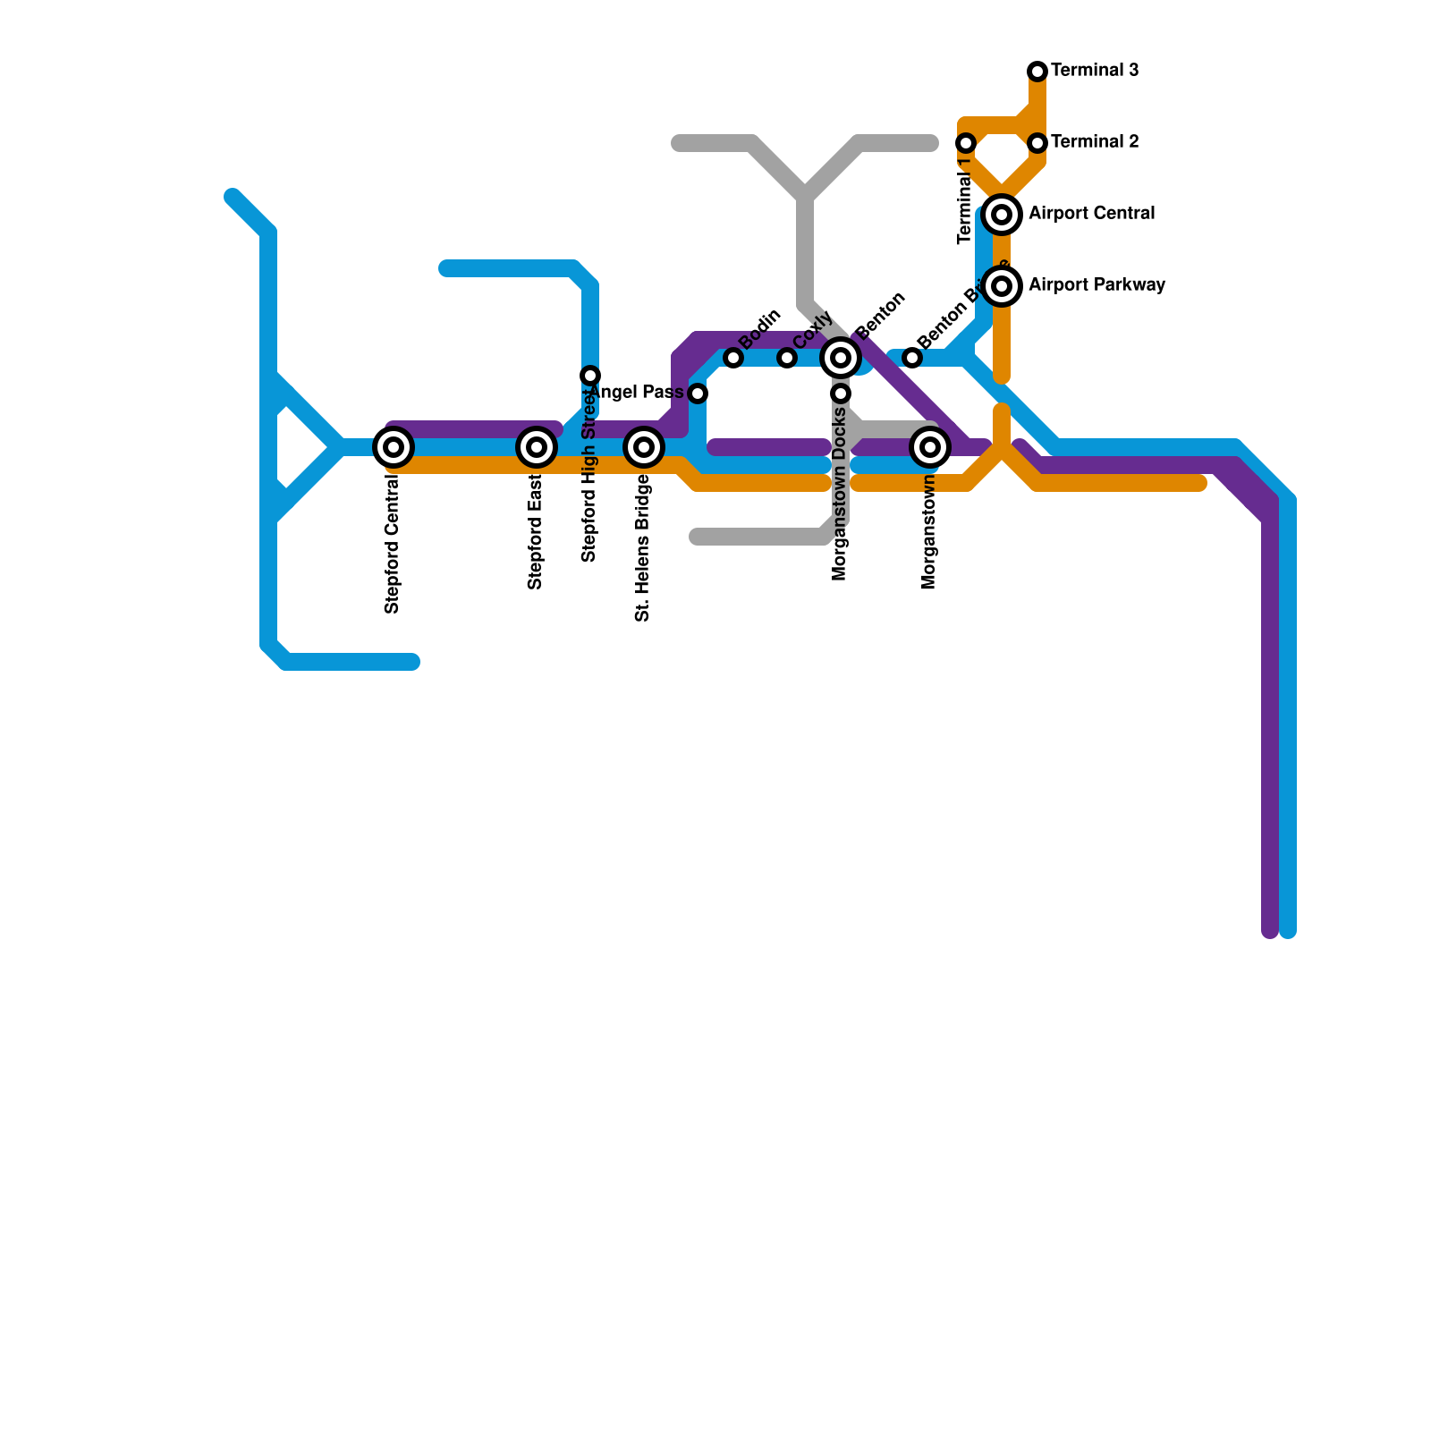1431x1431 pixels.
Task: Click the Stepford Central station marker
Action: (x=394, y=447)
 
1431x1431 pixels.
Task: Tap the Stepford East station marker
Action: (x=537, y=447)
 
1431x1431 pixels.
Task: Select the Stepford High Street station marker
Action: (x=590, y=376)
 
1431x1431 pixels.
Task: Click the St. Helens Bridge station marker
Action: (x=644, y=447)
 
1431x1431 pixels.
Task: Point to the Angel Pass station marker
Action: (x=698, y=394)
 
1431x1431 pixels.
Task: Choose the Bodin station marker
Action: (x=733, y=358)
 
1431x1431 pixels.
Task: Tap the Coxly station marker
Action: (x=787, y=358)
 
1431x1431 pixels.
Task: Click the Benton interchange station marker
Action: (x=841, y=358)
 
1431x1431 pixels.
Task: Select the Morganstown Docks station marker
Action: (x=841, y=394)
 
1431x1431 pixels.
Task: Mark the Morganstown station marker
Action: (x=930, y=447)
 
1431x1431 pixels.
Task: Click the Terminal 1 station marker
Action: (x=966, y=143)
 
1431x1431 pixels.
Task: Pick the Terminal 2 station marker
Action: (x=1037, y=143)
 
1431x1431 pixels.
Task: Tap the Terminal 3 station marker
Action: (x=1037, y=72)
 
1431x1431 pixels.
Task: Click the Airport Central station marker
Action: (x=1003, y=215)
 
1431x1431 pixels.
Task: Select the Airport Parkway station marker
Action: (x=1003, y=286)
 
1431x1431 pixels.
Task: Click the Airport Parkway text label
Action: (x=1097, y=285)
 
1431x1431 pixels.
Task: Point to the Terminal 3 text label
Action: (x=1095, y=71)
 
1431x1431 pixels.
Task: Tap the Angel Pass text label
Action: (x=638, y=393)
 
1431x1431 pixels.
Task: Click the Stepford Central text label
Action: (x=392, y=545)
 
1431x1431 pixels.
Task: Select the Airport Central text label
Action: (x=1091, y=214)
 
